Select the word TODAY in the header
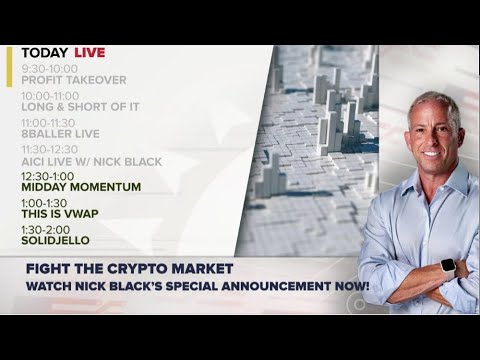[x=44, y=52]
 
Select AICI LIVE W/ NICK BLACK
[x=91, y=161]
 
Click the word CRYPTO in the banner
[x=175, y=268]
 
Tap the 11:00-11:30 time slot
[x=46, y=122]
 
